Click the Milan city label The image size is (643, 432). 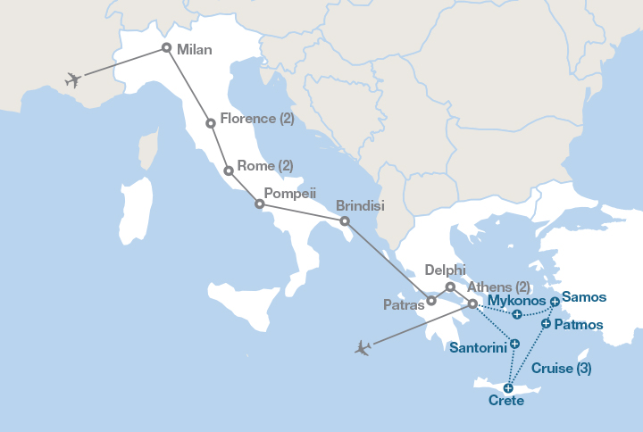pyautogui.click(x=195, y=50)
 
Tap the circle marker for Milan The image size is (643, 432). pyautogui.click(x=166, y=47)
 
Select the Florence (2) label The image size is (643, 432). pyautogui.click(x=256, y=119)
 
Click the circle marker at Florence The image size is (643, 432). pyautogui.click(x=210, y=122)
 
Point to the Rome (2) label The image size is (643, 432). pyautogui.click(x=266, y=165)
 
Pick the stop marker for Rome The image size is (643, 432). pyautogui.click(x=229, y=170)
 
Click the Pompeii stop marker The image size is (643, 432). pyautogui.click(x=260, y=204)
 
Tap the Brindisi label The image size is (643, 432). pyautogui.click(x=360, y=205)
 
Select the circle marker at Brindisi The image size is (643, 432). pyautogui.click(x=346, y=220)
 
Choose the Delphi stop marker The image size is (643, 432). pyautogui.click(x=450, y=287)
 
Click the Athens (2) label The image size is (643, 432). pyautogui.click(x=498, y=287)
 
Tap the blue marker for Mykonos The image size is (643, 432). pyautogui.click(x=517, y=313)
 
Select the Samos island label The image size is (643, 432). pyautogui.click(x=584, y=297)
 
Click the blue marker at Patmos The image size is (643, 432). pyautogui.click(x=546, y=322)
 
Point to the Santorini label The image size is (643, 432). pyautogui.click(x=479, y=346)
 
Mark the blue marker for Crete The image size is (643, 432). pyautogui.click(x=508, y=387)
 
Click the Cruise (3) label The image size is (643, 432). pyautogui.click(x=561, y=368)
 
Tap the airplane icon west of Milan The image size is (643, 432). pyautogui.click(x=73, y=79)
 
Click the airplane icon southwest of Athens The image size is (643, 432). pyautogui.click(x=362, y=347)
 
